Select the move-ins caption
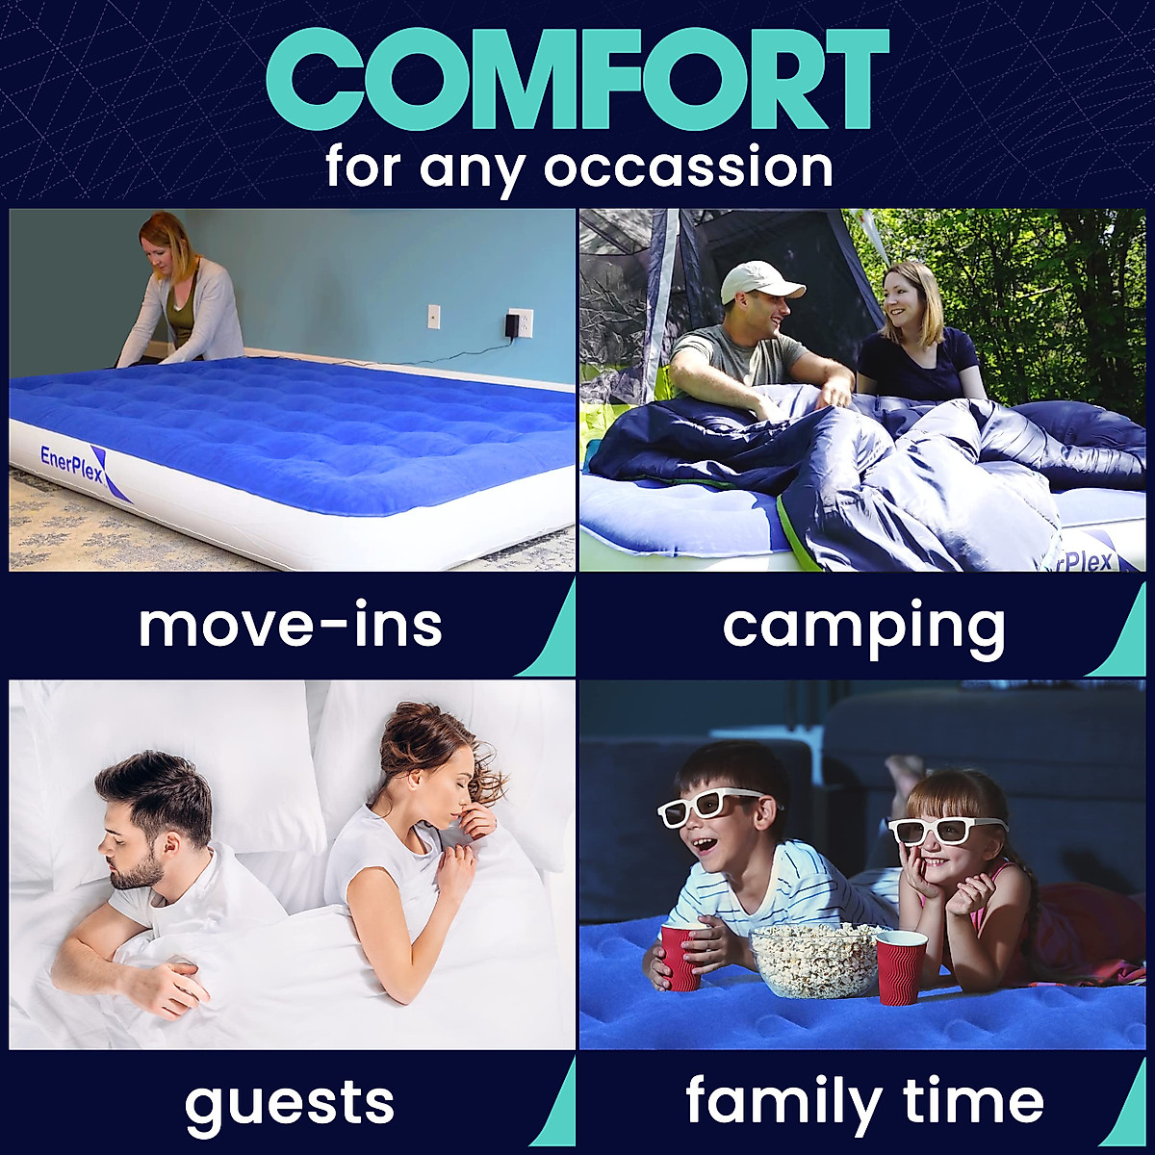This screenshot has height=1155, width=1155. (290, 626)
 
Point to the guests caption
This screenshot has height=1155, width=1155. (290, 1102)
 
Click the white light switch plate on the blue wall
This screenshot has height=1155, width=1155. (433, 317)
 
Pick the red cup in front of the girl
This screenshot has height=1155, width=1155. (901, 966)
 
